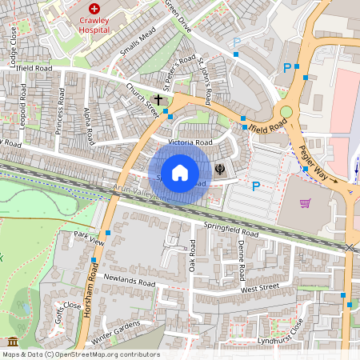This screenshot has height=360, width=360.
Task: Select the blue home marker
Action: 180,172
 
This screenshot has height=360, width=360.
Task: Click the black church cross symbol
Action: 158,100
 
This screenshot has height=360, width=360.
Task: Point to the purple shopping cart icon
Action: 305,203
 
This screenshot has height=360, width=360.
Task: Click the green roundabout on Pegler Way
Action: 286,113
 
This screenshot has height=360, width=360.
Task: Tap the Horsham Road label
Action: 89,290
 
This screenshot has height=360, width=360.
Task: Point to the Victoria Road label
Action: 190,142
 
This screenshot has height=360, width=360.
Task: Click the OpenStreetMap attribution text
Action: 81,354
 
